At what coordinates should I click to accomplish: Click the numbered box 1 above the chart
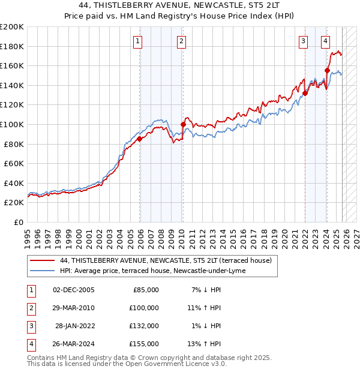(x=138, y=41)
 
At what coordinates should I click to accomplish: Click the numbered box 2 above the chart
(x=181, y=41)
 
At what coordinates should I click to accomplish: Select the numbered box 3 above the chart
(x=304, y=41)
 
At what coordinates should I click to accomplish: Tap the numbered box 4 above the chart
(x=325, y=41)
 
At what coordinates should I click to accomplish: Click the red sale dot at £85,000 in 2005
(x=140, y=139)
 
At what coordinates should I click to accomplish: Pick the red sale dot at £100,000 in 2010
(x=183, y=124)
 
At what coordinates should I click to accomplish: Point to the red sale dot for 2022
(x=305, y=93)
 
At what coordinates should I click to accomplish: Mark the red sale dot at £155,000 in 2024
(x=327, y=70)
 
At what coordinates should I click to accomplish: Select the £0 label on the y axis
(x=18, y=222)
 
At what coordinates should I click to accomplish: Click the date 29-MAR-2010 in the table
(x=74, y=308)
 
